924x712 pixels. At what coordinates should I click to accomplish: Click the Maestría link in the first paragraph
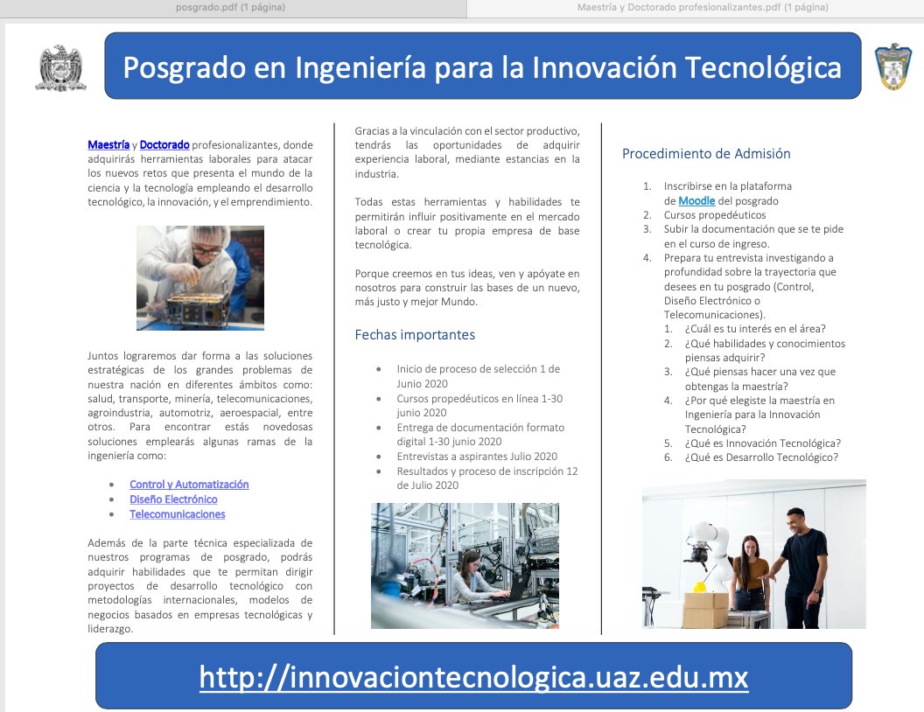[108, 143]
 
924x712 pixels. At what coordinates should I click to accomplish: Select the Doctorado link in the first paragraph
[164, 143]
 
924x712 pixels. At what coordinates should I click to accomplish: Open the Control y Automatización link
[189, 485]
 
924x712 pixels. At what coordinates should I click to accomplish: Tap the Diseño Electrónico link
[173, 499]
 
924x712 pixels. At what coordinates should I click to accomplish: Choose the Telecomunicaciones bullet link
[177, 514]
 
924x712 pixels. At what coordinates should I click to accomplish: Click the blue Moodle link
[696, 200]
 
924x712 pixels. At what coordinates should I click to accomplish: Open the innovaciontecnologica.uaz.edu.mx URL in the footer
[473, 677]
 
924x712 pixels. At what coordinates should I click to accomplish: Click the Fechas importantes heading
[415, 334]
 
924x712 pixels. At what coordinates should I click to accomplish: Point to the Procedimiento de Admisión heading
[706, 153]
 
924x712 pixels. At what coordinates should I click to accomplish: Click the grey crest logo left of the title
[60, 67]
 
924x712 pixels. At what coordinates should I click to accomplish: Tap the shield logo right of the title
[892, 66]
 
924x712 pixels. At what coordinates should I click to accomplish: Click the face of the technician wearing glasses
[206, 248]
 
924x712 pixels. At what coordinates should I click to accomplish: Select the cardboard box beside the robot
[705, 610]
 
